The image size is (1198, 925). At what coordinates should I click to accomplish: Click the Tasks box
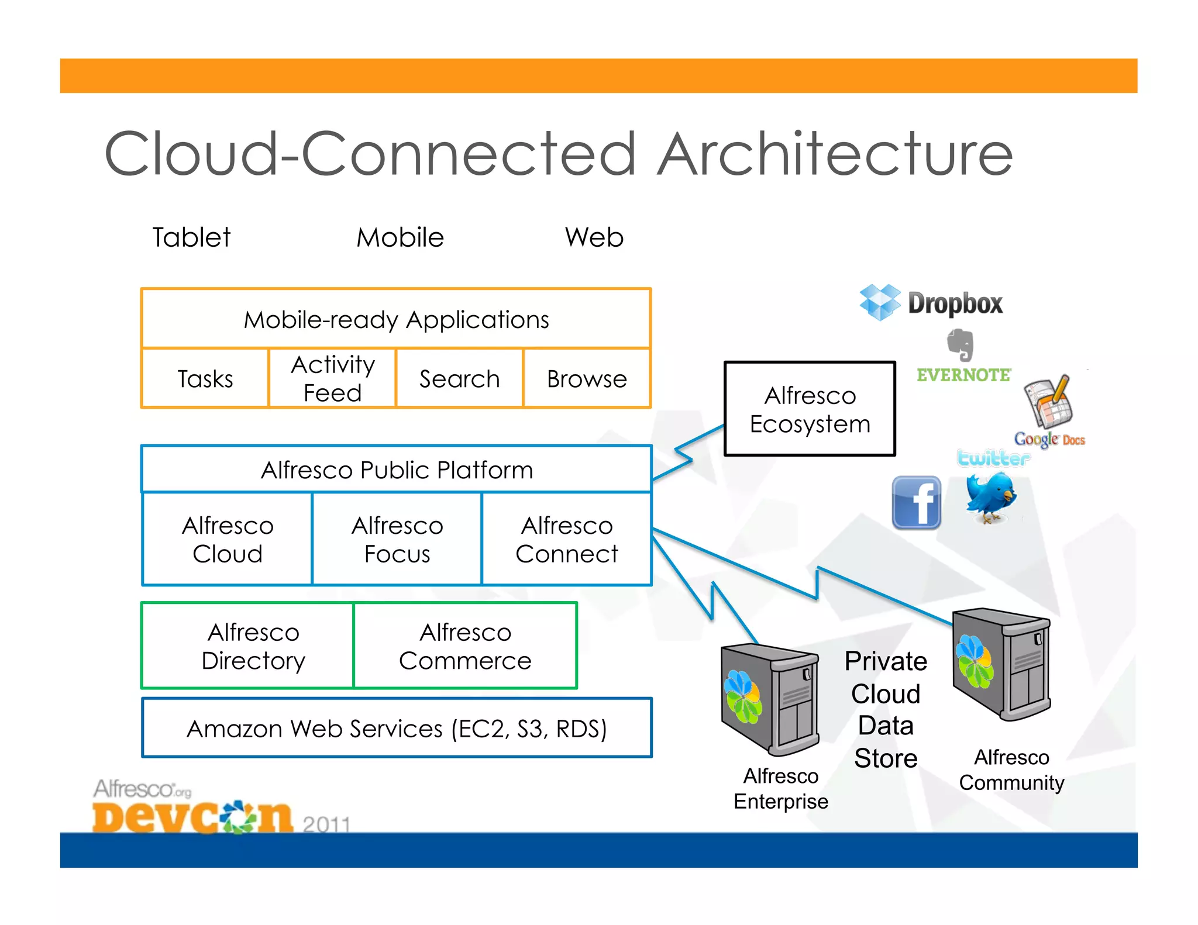pyautogui.click(x=205, y=378)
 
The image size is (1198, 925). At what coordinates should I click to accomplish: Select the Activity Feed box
pyautogui.click(x=332, y=378)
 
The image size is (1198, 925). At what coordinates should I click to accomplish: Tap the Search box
pyautogui.click(x=459, y=378)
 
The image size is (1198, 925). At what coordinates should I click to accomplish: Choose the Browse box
pyautogui.click(x=587, y=378)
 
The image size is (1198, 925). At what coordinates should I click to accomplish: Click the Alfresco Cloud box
pyautogui.click(x=227, y=539)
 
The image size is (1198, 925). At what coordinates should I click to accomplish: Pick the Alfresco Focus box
pyautogui.click(x=397, y=539)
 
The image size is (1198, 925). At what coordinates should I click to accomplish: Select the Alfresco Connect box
pyautogui.click(x=566, y=539)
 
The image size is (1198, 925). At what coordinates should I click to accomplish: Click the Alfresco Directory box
pyautogui.click(x=253, y=646)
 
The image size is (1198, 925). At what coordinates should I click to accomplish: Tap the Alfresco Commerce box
pyautogui.click(x=465, y=646)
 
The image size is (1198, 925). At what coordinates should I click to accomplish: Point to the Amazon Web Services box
pyautogui.click(x=397, y=728)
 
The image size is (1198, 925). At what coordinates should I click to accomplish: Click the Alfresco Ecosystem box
pyautogui.click(x=810, y=409)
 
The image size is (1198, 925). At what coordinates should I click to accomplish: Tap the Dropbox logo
pyautogui.click(x=931, y=302)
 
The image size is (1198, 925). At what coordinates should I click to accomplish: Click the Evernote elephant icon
pyautogui.click(x=961, y=345)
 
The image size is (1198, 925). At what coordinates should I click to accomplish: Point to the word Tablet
pyautogui.click(x=191, y=237)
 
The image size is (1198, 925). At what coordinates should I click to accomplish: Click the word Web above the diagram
pyautogui.click(x=594, y=237)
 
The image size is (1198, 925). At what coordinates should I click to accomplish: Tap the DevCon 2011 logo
pyautogui.click(x=193, y=813)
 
